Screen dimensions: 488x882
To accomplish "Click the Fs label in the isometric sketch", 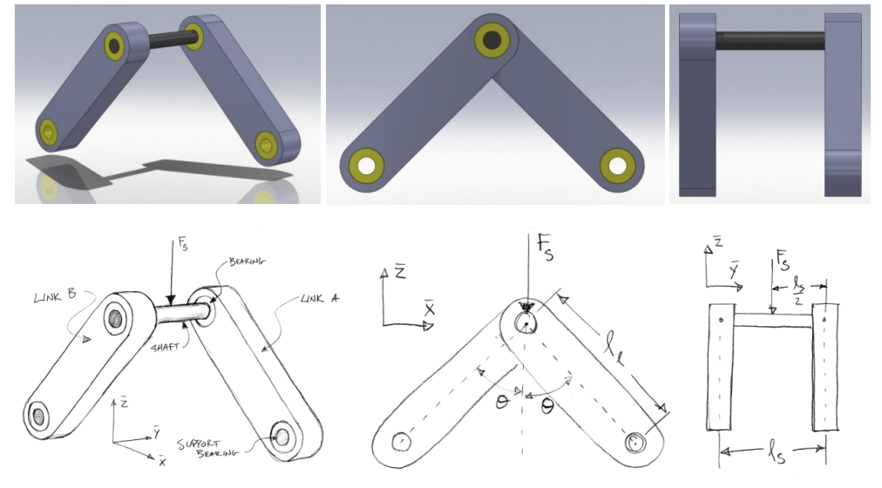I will pyautogui.click(x=180, y=246).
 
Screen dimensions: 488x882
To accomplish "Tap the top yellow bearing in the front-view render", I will pyautogui.click(x=492, y=40).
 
